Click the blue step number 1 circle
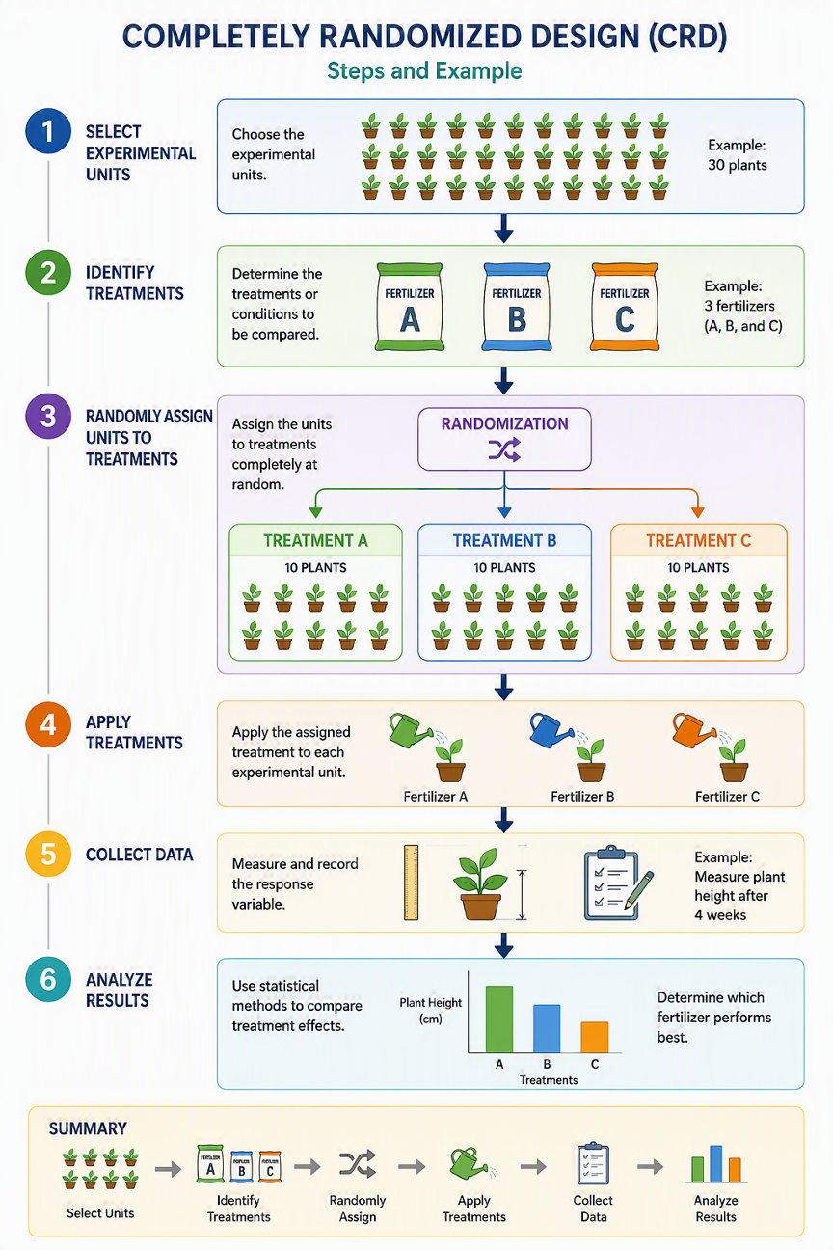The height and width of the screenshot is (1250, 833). (x=48, y=131)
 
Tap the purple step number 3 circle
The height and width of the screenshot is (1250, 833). (x=48, y=417)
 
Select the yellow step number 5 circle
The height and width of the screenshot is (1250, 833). (x=48, y=854)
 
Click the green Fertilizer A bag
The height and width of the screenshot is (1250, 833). (x=410, y=307)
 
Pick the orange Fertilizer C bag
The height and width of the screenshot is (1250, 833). (x=625, y=307)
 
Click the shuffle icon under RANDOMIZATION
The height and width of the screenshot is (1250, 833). (x=504, y=449)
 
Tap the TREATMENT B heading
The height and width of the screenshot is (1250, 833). (x=504, y=541)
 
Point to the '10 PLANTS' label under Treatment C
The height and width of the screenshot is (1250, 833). (x=698, y=568)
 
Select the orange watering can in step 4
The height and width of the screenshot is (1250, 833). (x=693, y=730)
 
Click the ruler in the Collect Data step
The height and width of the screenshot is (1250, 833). (x=412, y=883)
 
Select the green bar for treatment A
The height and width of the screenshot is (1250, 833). (x=499, y=1019)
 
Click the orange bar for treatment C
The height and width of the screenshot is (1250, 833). (x=595, y=1037)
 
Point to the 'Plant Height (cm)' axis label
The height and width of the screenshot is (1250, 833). (x=431, y=1011)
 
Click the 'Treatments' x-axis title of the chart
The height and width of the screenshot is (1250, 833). (x=549, y=1080)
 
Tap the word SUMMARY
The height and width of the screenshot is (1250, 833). (x=88, y=1128)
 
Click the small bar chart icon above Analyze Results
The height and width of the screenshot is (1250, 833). (x=715, y=1164)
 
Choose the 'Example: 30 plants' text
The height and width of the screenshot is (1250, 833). (x=737, y=155)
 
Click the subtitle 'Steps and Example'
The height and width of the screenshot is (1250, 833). (x=424, y=71)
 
